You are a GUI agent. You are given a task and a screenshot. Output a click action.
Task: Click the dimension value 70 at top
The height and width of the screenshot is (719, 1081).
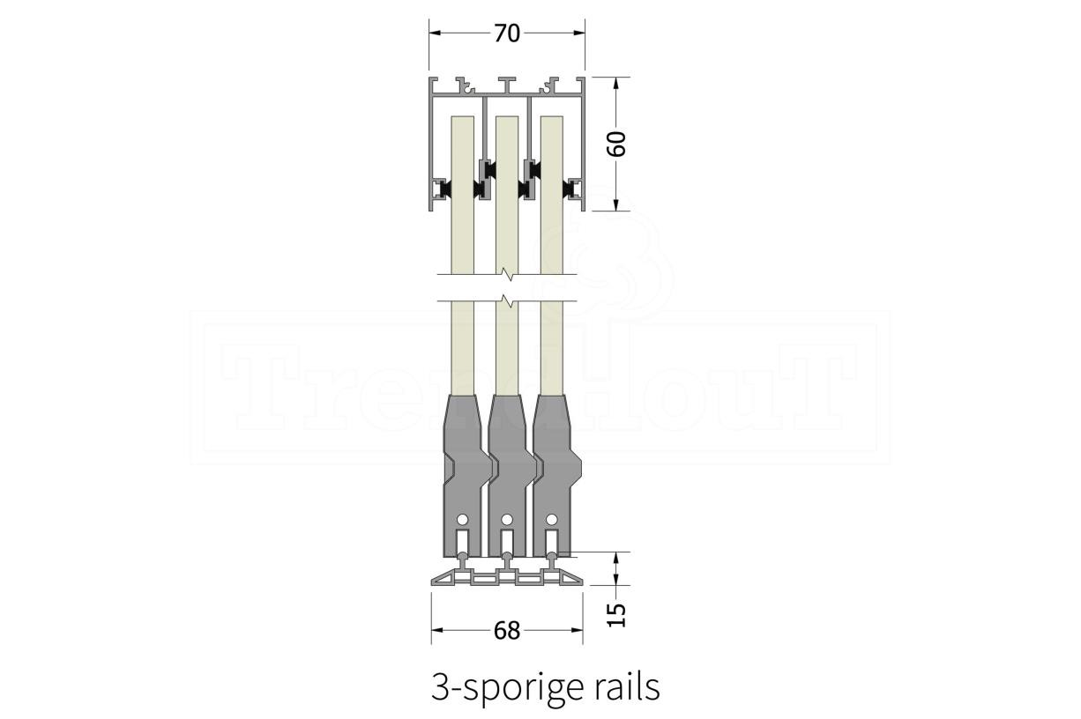tap(507, 33)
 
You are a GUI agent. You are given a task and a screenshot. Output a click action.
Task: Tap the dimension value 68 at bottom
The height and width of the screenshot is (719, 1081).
tap(508, 631)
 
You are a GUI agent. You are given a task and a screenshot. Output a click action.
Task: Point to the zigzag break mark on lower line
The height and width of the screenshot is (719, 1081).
tap(506, 302)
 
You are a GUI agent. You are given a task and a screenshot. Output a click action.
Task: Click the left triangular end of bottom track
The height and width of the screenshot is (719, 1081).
tap(444, 580)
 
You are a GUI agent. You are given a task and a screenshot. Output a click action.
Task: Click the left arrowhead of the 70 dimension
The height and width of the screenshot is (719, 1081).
tap(434, 33)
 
